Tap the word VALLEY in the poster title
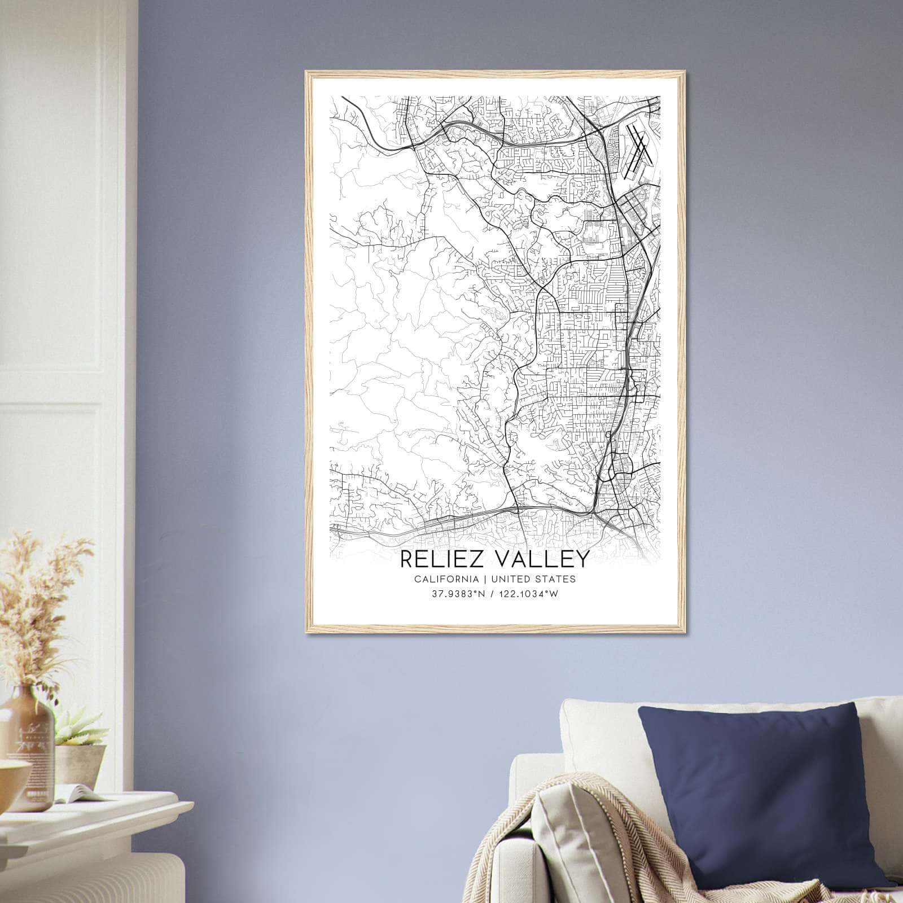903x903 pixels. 543,559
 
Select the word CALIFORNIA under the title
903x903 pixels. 446,579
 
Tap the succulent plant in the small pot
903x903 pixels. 79,725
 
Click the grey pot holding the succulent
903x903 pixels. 82,762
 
